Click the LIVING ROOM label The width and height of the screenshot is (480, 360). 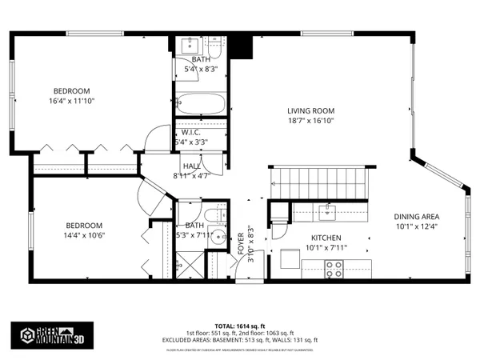[310, 110]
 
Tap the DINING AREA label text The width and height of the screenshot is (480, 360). [417, 217]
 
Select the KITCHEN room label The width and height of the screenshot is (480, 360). [326, 238]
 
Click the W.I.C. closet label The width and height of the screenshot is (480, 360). [190, 133]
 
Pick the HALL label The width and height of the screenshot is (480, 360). [191, 166]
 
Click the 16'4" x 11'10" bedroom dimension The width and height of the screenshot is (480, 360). [71, 102]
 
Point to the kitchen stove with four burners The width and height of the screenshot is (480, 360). [334, 271]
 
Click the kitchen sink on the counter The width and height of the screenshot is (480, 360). [326, 212]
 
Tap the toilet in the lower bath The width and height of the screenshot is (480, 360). [214, 216]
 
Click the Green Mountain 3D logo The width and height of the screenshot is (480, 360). [47, 334]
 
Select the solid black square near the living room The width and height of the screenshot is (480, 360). [240, 46]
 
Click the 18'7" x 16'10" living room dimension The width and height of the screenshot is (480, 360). [310, 121]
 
